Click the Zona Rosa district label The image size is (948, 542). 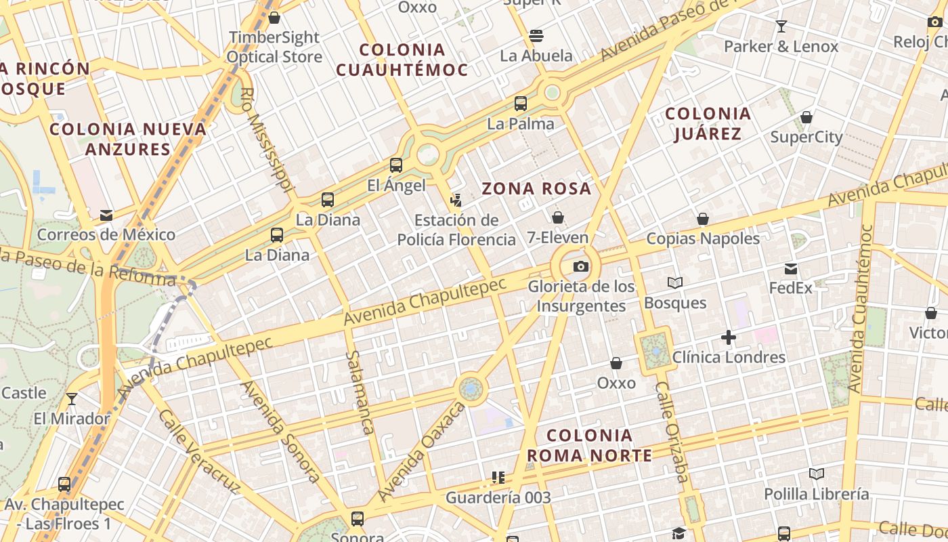point(536,189)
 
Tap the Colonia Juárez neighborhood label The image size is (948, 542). point(708,123)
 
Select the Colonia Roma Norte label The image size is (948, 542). point(589,445)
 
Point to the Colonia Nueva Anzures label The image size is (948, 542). point(128,139)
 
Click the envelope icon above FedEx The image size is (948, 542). point(790,269)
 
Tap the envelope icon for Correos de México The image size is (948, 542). point(106,215)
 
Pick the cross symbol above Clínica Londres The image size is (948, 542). point(729,337)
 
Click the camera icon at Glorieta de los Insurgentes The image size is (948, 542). point(580,266)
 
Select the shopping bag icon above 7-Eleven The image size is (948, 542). point(557,217)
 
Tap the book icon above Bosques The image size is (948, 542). point(674,283)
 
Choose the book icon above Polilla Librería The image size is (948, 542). point(817,474)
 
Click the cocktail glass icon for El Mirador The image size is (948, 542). point(72,398)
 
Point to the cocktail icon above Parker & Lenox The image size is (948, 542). point(781,26)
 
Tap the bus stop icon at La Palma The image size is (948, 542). point(520,104)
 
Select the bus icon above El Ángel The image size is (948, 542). point(396,165)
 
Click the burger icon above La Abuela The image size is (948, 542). point(536,35)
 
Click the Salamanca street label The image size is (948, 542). point(360,392)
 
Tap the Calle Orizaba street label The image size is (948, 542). point(671,432)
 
